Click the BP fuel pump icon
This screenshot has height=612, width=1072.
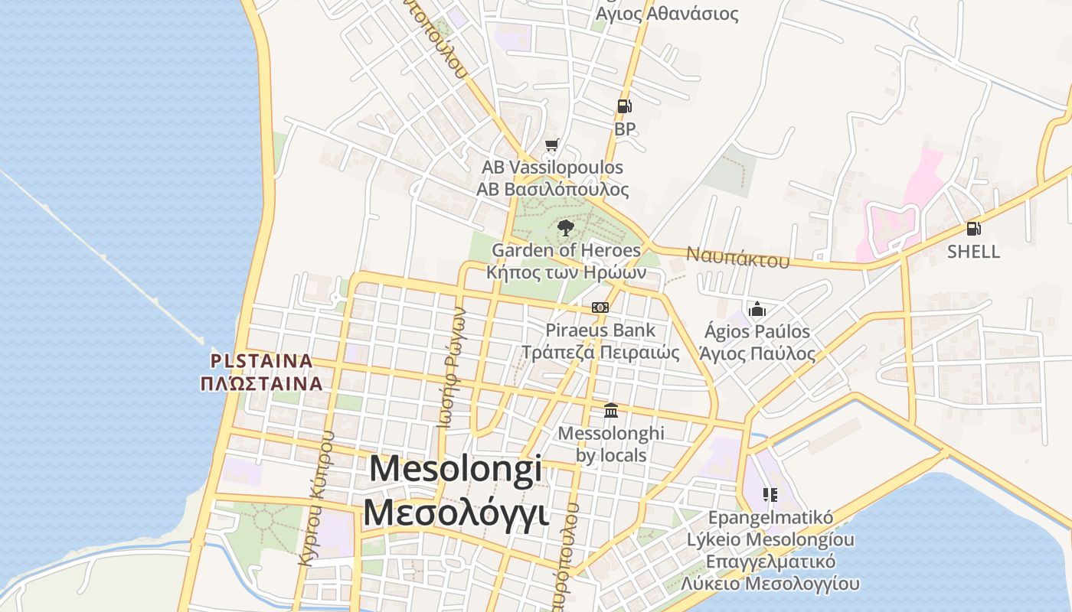coord(624,106)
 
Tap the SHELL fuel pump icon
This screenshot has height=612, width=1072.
coord(973,228)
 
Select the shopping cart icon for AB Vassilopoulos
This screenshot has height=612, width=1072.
coord(552,145)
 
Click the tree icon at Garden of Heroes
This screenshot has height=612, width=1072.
coord(565,227)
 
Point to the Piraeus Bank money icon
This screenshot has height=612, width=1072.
coord(600,308)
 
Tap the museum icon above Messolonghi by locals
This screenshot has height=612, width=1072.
coord(611,411)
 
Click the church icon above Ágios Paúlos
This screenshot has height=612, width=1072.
coord(757,309)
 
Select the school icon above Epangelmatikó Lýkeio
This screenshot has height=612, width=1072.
coord(770,494)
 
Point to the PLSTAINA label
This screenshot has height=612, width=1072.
coord(262,360)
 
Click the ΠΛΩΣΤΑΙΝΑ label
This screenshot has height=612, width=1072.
coord(262,382)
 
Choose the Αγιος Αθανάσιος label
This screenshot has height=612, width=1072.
coord(667,14)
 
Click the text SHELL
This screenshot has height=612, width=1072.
coord(973,252)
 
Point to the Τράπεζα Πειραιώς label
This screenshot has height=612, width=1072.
coord(600,353)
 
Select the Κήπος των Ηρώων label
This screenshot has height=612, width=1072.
coord(567,272)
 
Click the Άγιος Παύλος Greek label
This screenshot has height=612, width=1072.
coord(757,354)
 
